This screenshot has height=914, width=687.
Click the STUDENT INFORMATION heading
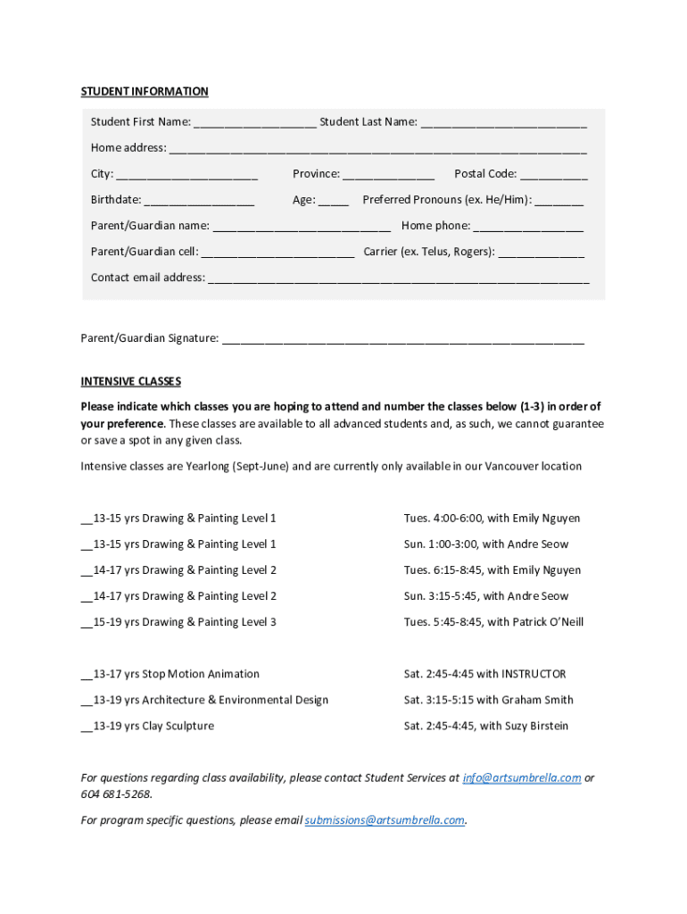pos(145,91)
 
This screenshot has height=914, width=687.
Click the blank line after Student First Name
pos(253,123)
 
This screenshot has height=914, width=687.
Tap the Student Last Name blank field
pos(503,123)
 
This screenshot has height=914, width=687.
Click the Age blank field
pos(334,201)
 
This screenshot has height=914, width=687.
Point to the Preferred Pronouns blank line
pos(559,201)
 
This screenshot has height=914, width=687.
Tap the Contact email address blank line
pos(398,278)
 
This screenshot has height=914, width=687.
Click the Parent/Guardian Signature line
pos(402,339)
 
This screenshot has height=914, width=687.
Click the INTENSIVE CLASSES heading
pos(131,381)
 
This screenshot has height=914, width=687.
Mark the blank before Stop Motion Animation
pos(86,676)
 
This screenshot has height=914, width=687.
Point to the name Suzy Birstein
pos(537,726)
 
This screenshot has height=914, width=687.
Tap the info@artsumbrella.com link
pos(522,777)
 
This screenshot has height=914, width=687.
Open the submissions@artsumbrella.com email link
pos(385,820)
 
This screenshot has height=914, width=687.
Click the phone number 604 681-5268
pos(115,794)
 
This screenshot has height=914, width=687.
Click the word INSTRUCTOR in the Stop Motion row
pos(534,674)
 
